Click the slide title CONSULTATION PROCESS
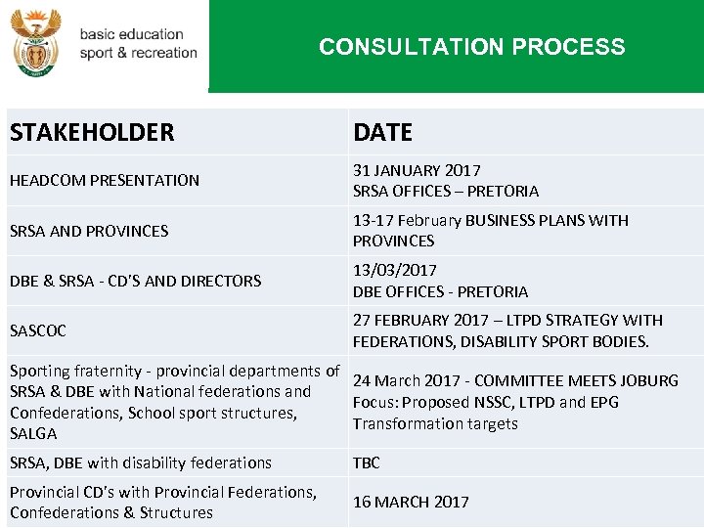click(471, 47)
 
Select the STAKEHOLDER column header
click(92, 132)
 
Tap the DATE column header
click(382, 132)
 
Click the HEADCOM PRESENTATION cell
click(105, 180)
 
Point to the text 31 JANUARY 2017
click(417, 170)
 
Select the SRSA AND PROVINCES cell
click(89, 231)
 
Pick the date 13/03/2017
click(395, 270)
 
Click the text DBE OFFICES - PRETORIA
click(440, 291)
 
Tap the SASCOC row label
click(38, 330)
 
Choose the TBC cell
click(367, 462)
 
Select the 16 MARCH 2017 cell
click(411, 502)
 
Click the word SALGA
click(33, 433)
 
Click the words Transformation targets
click(435, 423)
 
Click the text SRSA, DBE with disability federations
click(141, 462)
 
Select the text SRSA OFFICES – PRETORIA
click(446, 191)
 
